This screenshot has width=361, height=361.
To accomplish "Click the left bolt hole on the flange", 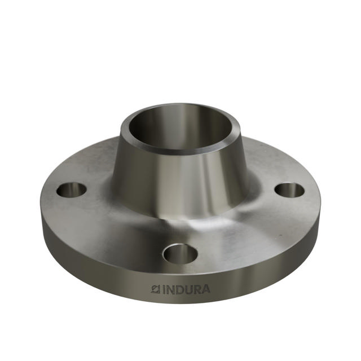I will (72, 190).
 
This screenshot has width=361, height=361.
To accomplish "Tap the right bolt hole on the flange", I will (289, 190).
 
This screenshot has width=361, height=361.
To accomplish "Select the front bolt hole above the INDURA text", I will (180, 253).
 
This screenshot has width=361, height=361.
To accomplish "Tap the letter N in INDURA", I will (171, 289).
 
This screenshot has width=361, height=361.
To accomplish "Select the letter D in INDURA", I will (179, 289).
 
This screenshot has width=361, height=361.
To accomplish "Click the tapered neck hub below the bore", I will (180, 180).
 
